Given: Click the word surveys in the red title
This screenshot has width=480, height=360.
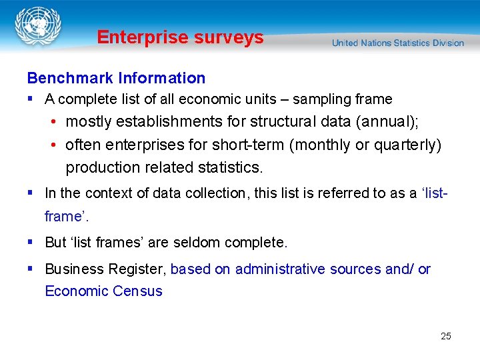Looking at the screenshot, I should point(230,37).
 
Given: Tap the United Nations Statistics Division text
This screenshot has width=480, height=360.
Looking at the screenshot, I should point(398,43).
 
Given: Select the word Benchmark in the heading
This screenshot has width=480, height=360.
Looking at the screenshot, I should point(70,78).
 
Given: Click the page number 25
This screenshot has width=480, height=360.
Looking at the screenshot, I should point(446,336).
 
